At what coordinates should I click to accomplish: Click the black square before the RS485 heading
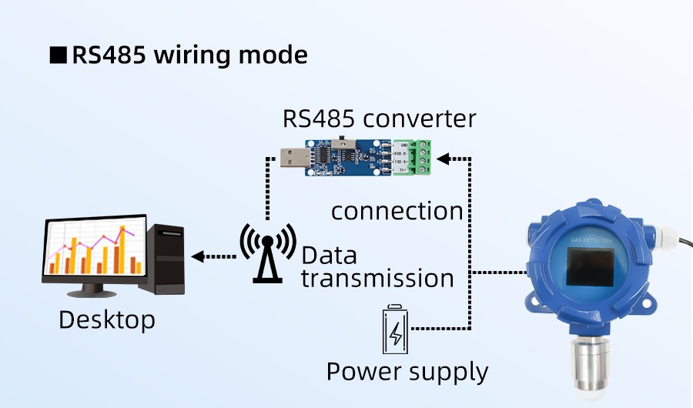[58, 56]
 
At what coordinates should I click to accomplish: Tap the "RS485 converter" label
[379, 119]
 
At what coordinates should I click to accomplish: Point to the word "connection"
[397, 211]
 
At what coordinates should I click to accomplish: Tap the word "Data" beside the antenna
[329, 256]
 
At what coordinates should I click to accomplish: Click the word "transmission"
[377, 278]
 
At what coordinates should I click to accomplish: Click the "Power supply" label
[407, 372]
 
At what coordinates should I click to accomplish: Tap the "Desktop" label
[107, 319]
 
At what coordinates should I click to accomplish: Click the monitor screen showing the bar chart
[94, 248]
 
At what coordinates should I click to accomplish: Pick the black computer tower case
[166, 259]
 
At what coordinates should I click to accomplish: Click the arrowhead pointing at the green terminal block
[444, 159]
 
